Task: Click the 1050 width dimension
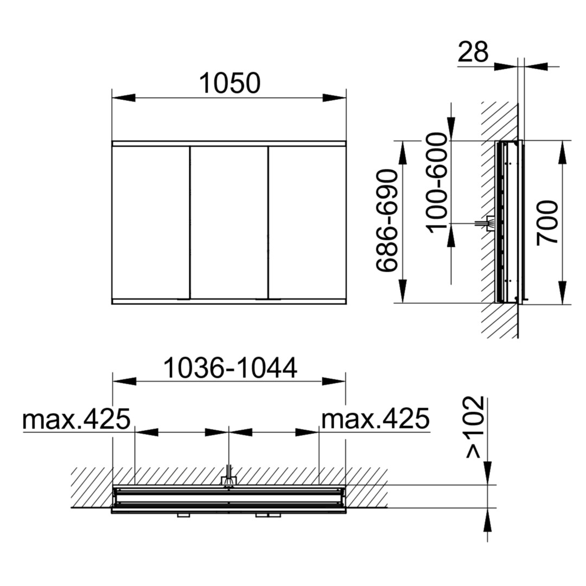tap(230, 83)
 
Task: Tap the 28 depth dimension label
tap(473, 52)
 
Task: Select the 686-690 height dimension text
tap(387, 220)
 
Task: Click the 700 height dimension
tap(547, 223)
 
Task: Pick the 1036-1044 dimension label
tap(231, 368)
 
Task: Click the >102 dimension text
tap(475, 427)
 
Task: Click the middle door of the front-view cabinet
tap(229, 222)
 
